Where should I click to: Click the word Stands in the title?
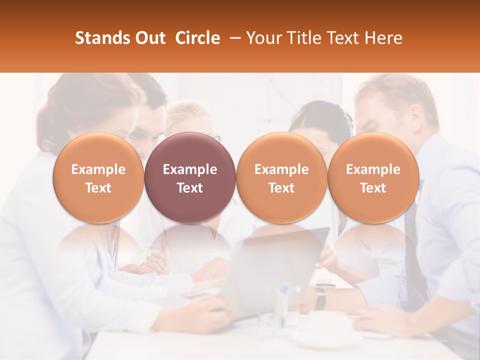point(100,38)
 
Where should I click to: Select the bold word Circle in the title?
point(197,38)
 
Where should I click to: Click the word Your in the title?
point(263,38)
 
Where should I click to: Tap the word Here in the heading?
point(383,38)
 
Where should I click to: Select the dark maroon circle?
point(190,178)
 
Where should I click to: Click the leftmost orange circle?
point(98,178)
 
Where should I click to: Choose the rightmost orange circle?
point(373,178)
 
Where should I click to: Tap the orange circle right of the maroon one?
point(281,178)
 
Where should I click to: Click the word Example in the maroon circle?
point(190,169)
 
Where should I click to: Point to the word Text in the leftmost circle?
point(98,188)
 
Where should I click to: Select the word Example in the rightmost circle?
point(373,169)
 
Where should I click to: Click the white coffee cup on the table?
point(327,327)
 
